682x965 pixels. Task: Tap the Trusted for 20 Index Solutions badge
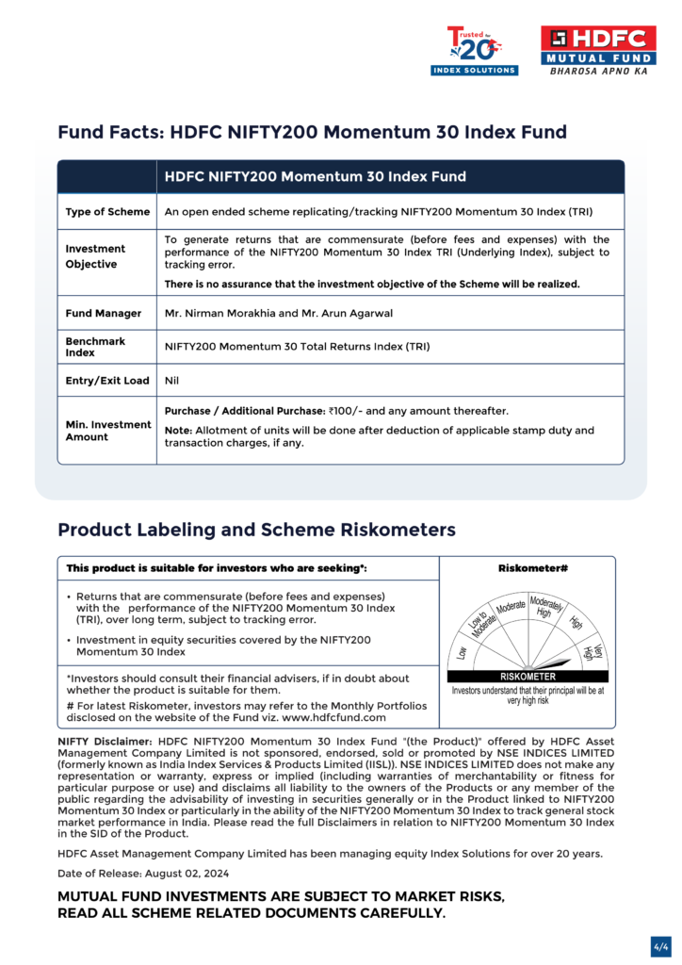pos(474,51)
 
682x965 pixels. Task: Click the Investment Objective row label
pos(95,256)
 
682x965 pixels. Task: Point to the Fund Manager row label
pos(104,313)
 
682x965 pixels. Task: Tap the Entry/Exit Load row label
pos(107,381)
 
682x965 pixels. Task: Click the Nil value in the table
pos(171,381)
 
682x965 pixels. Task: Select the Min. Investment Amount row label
pos(107,431)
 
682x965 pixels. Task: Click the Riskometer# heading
pos(528,568)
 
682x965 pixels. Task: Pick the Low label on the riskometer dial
pos(463,651)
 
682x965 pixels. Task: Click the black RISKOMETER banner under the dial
pos(528,676)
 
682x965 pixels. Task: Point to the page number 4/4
pos(660,944)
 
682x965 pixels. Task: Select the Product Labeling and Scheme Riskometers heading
pos(256,530)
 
